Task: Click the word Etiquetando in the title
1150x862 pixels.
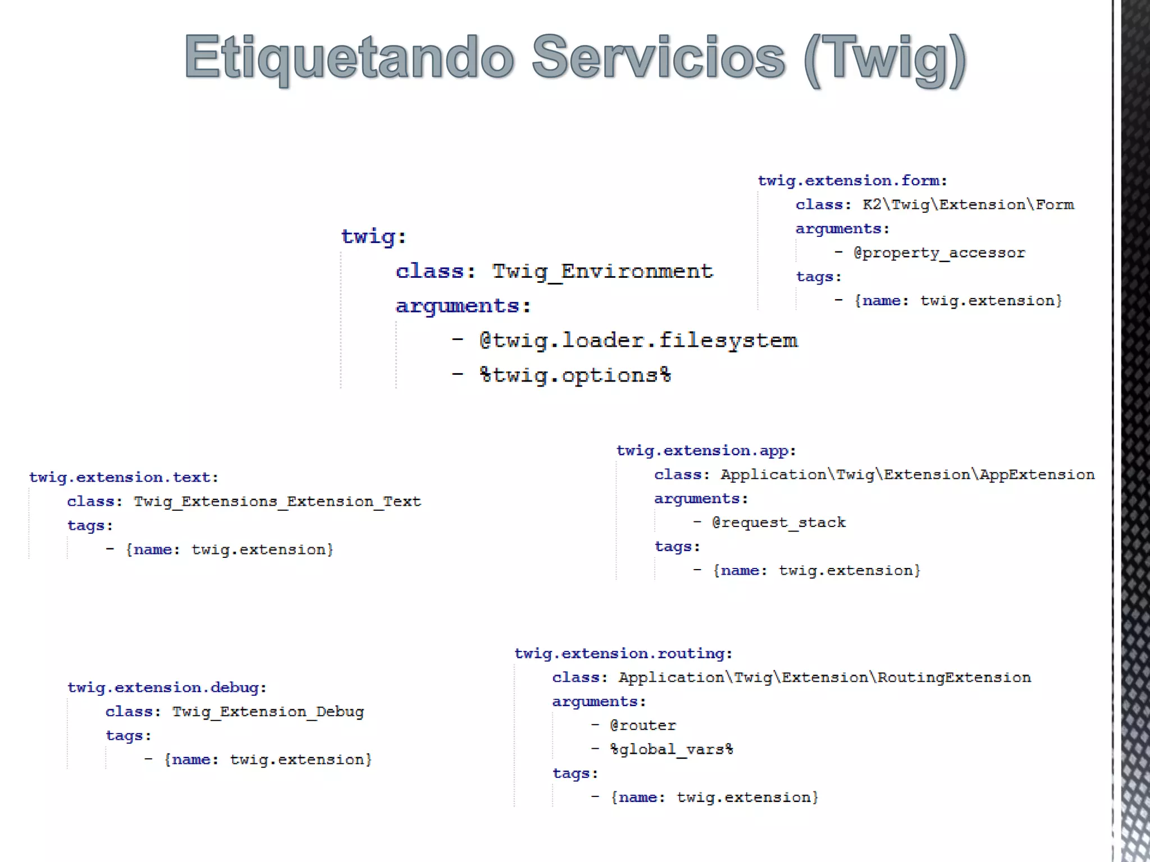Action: [x=349, y=58]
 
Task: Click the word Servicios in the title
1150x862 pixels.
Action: [x=658, y=58]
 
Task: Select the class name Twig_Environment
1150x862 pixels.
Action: [x=602, y=272]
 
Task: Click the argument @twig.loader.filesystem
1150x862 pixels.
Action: [x=638, y=341]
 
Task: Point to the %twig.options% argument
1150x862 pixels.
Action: [x=575, y=375]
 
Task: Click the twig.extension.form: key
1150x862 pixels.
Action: [x=852, y=181]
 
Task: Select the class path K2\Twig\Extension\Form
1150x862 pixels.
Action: [x=968, y=205]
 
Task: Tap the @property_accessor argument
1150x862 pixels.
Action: [x=939, y=253]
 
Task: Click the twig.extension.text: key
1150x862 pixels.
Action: [x=124, y=478]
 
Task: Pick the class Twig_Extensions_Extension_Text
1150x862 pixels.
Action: [x=277, y=502]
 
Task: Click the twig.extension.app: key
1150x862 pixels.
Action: [x=706, y=451]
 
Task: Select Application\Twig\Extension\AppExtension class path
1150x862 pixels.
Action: [x=907, y=475]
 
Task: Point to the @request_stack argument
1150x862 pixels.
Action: [x=778, y=523]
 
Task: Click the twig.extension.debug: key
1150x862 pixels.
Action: [x=167, y=688]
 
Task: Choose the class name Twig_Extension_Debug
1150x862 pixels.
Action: [x=268, y=712]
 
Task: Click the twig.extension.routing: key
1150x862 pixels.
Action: [x=623, y=654]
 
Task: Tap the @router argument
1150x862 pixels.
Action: [x=643, y=726]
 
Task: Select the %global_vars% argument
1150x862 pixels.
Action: [x=671, y=750]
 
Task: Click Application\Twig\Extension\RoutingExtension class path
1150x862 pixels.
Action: [x=824, y=678]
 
